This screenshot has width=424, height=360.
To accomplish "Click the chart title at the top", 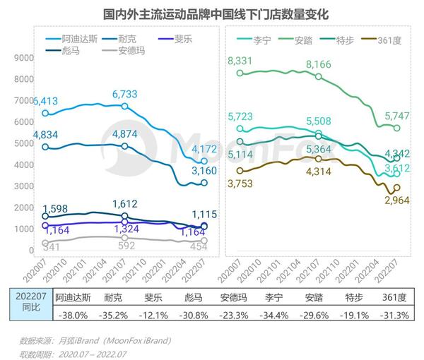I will tap(211, 13).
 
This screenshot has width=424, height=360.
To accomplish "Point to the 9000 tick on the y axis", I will tap(24, 59).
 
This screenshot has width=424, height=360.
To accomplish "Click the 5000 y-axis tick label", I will tap(24, 144).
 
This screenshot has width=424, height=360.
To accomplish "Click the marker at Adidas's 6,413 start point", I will tap(45, 113).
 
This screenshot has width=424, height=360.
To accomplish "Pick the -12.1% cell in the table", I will tap(153, 316).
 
